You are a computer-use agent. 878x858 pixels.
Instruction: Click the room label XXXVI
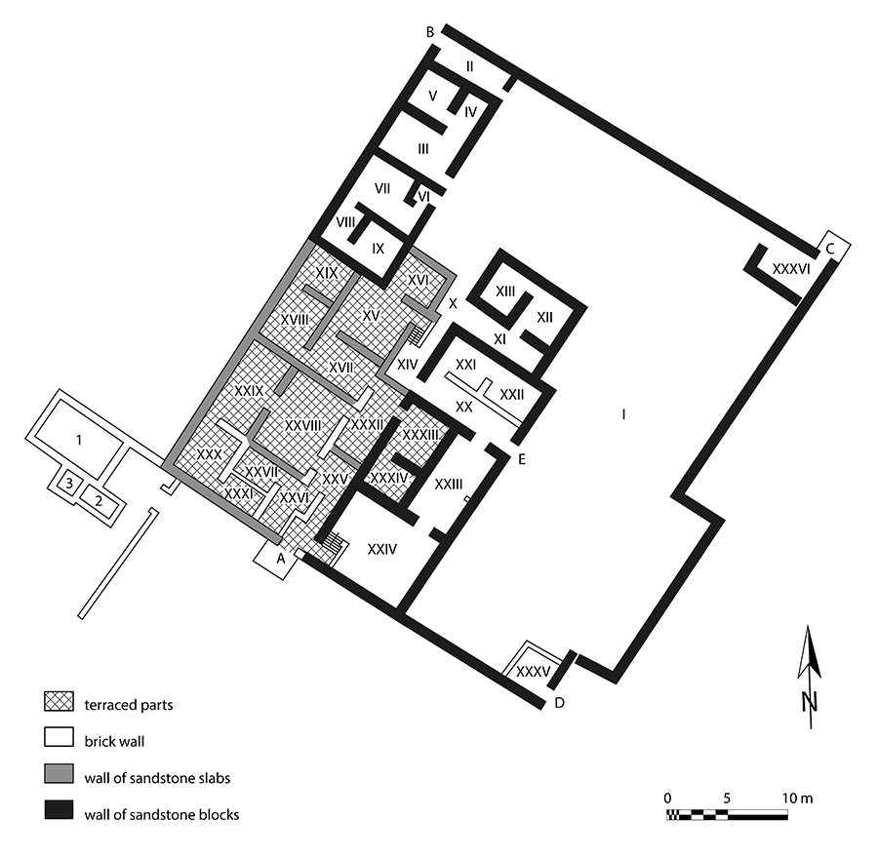pyautogui.click(x=790, y=269)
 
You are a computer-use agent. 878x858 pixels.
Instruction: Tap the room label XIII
pyautogui.click(x=505, y=292)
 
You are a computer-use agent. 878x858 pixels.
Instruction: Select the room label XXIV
pyautogui.click(x=381, y=549)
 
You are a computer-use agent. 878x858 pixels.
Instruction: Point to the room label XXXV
pyautogui.click(x=533, y=671)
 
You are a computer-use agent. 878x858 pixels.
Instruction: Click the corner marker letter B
pyautogui.click(x=430, y=32)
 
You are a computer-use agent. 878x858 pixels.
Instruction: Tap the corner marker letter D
pyautogui.click(x=559, y=703)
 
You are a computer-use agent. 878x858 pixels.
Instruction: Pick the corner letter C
pyautogui.click(x=830, y=249)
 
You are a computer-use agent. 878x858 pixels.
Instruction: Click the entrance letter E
pyautogui.click(x=522, y=459)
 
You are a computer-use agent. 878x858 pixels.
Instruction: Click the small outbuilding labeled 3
pyautogui.click(x=69, y=484)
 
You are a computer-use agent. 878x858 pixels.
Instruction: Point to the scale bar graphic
pyautogui.click(x=727, y=815)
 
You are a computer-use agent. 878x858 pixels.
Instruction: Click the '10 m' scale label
pyautogui.click(x=798, y=799)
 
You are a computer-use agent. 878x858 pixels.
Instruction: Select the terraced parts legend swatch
pyautogui.click(x=59, y=701)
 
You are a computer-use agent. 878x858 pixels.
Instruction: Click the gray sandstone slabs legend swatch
pyautogui.click(x=59, y=774)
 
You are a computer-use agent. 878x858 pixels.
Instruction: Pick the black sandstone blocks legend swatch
pyautogui.click(x=59, y=810)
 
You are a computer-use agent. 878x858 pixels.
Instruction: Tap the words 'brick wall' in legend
pyautogui.click(x=114, y=742)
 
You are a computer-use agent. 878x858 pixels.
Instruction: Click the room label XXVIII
pyautogui.click(x=303, y=426)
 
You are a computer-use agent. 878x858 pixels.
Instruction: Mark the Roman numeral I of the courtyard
pyautogui.click(x=623, y=414)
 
